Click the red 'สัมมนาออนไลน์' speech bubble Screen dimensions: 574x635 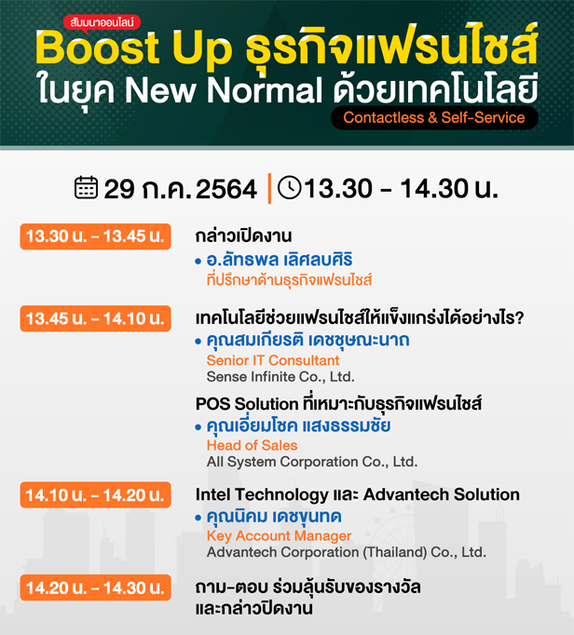click(102, 23)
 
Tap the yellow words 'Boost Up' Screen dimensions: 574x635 click(134, 48)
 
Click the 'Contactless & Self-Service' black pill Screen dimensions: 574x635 click(434, 118)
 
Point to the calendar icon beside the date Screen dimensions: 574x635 click(86, 187)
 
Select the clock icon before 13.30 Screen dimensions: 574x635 click(290, 187)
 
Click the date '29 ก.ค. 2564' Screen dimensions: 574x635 click(181, 189)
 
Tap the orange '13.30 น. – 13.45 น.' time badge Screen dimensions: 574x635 click(95, 236)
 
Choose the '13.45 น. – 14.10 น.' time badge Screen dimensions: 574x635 click(95, 318)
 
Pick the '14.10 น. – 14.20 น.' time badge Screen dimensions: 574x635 click(95, 495)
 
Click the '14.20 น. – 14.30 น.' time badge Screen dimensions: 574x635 click(95, 588)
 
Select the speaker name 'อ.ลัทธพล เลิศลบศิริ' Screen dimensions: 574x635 click(280, 260)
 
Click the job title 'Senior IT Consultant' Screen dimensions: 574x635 click(273, 360)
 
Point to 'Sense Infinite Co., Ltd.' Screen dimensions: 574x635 click(280, 377)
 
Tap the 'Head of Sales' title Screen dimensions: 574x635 click(253, 445)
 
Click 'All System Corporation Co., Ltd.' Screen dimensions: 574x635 click(312, 462)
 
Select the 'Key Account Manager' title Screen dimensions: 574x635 click(279, 535)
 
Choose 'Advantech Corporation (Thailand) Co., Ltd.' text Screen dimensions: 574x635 click(347, 552)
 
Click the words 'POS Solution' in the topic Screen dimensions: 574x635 click(247, 404)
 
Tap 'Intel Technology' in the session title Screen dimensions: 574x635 click(262, 495)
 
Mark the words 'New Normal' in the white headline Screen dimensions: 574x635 click(224, 90)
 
